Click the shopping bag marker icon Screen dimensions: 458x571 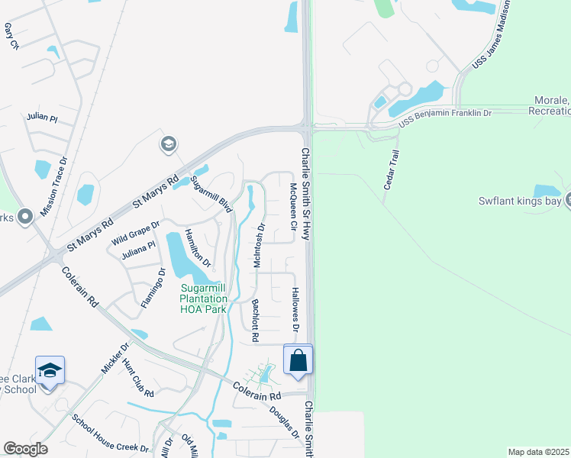(298, 360)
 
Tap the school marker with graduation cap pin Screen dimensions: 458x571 (50, 371)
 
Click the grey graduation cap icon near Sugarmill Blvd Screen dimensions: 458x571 (168, 144)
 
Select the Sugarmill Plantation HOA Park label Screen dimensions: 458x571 (203, 298)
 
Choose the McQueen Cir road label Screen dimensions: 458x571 (292, 207)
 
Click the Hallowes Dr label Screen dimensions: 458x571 (295, 310)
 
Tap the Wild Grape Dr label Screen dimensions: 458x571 (135, 231)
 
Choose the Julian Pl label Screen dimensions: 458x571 (42, 118)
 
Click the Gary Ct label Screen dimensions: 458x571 (11, 36)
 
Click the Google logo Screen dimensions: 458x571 (25, 448)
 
